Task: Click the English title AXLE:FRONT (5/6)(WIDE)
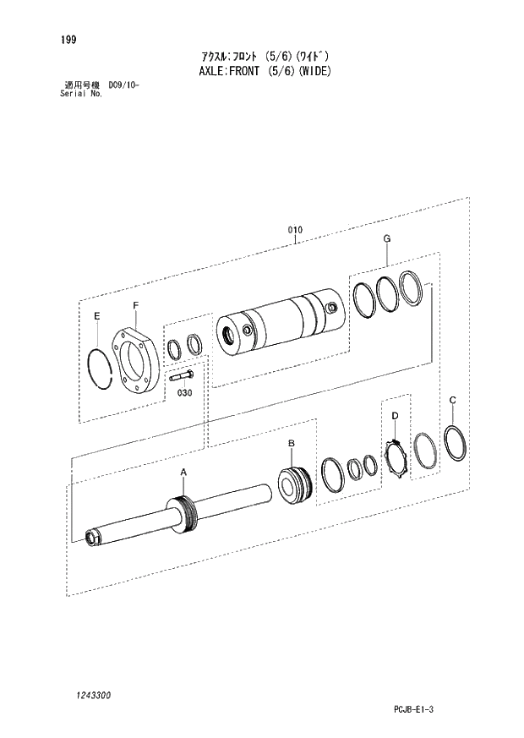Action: click(x=261, y=71)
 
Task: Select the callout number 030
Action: click(x=184, y=392)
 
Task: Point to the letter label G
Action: click(x=386, y=239)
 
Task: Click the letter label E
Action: click(x=97, y=316)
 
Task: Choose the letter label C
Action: click(x=453, y=400)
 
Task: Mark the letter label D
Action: click(x=395, y=415)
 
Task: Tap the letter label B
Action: click(x=291, y=443)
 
